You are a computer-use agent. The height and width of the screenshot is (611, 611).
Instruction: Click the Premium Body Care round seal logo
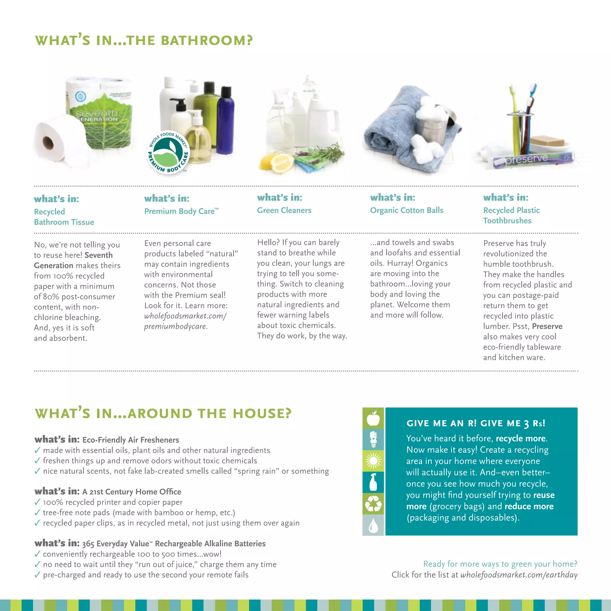tap(168, 152)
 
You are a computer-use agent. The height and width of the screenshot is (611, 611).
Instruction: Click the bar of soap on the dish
tap(547, 141)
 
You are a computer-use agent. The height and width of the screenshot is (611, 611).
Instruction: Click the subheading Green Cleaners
tap(284, 210)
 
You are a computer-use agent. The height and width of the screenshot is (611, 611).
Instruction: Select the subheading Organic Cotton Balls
tap(407, 210)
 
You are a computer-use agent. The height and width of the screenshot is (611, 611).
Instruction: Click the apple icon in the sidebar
tap(373, 418)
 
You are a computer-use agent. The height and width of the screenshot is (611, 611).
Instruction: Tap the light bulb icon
tap(373, 439)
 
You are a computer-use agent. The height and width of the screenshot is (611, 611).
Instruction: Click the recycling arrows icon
tap(373, 504)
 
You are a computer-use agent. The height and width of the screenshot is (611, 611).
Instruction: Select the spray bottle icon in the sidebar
tap(373, 482)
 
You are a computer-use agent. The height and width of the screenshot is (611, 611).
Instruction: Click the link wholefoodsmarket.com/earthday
tap(519, 575)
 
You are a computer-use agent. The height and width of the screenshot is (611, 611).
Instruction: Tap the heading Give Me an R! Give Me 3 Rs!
tap(476, 423)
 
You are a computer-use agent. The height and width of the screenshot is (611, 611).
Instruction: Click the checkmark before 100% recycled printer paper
tap(37, 502)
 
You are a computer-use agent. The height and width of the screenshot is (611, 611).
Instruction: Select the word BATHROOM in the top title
tap(206, 41)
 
